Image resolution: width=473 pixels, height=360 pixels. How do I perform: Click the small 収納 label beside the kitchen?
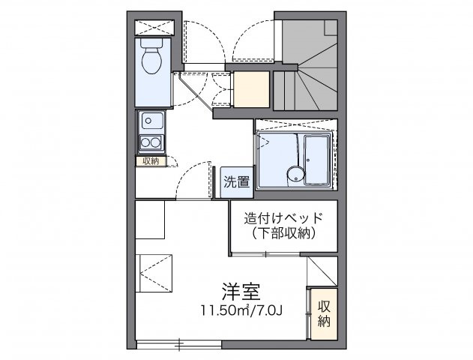click(147, 160)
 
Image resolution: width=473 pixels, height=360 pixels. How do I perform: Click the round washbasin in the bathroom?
click(295, 175)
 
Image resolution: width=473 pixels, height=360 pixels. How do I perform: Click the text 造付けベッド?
click(283, 218)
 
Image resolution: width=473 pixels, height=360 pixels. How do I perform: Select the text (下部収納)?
click(283, 234)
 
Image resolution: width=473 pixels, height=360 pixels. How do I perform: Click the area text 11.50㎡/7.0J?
click(241, 308)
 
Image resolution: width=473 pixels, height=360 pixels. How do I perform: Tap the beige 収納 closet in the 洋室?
click(322, 313)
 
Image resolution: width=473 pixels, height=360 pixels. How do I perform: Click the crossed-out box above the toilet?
click(155, 26)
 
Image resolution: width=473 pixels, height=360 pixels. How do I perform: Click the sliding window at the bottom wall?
click(180, 345)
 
